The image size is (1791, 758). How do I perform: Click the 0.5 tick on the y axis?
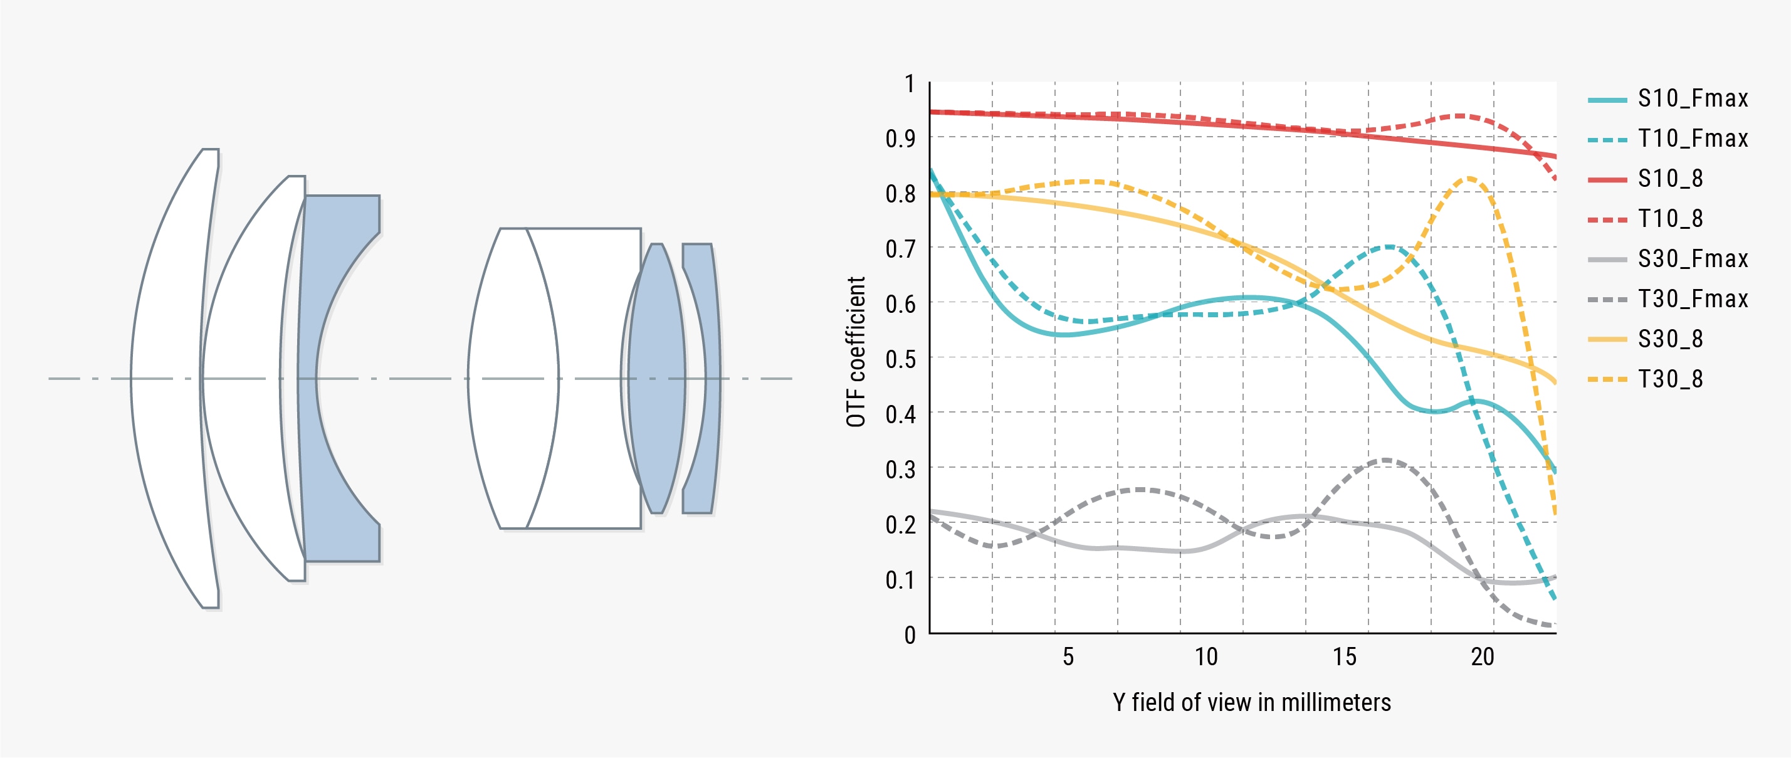pyautogui.click(x=900, y=359)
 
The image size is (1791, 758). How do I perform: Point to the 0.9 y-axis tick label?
pyautogui.click(x=900, y=139)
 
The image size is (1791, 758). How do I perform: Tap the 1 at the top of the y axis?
pyautogui.click(x=910, y=84)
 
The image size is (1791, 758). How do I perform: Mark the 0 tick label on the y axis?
pyautogui.click(x=910, y=635)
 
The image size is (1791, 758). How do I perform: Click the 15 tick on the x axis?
pyautogui.click(x=1344, y=656)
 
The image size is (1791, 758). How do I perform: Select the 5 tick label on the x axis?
pyautogui.click(x=1068, y=656)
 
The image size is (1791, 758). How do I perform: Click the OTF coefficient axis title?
pyautogui.click(x=856, y=352)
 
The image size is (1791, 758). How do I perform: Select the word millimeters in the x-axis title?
pyautogui.click(x=1336, y=702)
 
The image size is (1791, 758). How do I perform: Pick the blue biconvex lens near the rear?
pyautogui.click(x=656, y=378)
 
